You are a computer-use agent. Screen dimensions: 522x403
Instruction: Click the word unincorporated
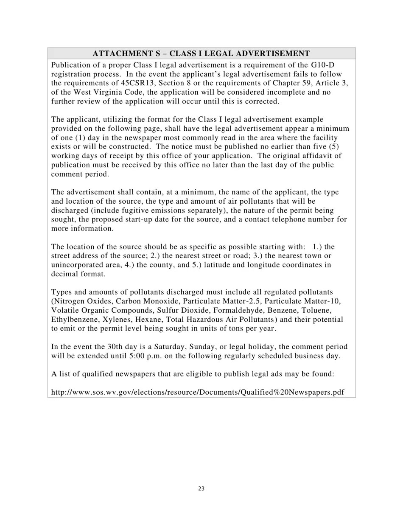point(77,265)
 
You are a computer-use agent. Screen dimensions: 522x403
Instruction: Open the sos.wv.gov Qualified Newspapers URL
point(197,392)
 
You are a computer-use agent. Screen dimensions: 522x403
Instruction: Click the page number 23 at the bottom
point(201,488)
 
